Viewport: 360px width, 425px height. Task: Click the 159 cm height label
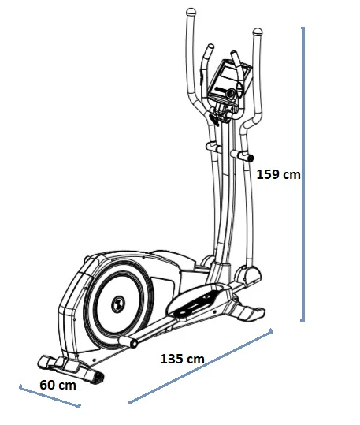278,174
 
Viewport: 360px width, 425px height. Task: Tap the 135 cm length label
182,359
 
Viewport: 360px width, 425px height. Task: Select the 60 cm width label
58,385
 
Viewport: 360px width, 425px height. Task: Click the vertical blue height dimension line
303,174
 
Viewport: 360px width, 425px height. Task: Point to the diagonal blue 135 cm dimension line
200,366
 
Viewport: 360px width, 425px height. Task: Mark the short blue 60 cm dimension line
50,397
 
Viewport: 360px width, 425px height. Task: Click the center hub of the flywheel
118,304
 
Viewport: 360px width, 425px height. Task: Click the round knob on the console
232,94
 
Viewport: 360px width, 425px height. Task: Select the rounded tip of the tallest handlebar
191,12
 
